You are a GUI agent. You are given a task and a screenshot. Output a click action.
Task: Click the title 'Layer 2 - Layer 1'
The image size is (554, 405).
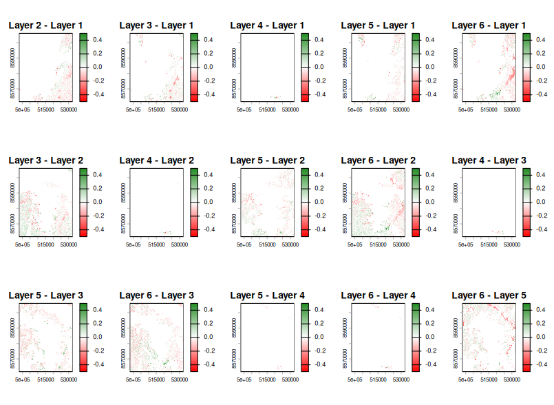pos(45,25)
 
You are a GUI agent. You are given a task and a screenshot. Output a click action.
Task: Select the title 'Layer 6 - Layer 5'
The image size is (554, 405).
pos(489,295)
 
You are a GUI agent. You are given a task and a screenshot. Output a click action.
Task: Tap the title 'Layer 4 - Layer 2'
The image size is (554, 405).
pos(156,160)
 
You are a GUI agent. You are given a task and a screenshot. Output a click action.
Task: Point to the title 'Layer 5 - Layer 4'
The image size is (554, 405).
pos(268,295)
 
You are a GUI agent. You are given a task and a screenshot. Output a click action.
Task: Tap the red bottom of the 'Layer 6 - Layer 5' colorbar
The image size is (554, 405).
pos(526,368)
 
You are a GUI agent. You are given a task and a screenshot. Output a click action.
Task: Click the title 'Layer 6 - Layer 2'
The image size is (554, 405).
pos(379,160)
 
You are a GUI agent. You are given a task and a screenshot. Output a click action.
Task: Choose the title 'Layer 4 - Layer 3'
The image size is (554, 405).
pos(489,160)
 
